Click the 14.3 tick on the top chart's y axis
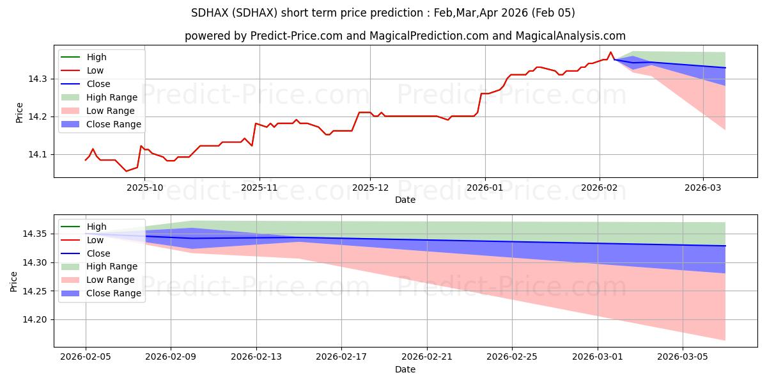click(x=39, y=79)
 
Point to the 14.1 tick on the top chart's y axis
click(x=39, y=154)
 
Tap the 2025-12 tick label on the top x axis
click(x=370, y=188)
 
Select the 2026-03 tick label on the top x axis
click(x=703, y=188)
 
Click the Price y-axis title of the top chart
click(x=20, y=113)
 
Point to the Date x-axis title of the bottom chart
click(x=405, y=369)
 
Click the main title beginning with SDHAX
click(x=383, y=13)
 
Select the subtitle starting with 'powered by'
click(x=405, y=36)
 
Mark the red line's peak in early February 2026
click(x=610, y=52)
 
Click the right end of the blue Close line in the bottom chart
click(x=725, y=246)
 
